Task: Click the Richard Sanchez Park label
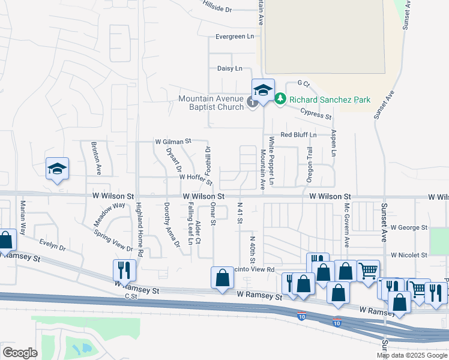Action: pos(330,100)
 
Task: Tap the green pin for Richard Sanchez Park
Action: pos(280,99)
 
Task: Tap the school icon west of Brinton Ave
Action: pos(57,169)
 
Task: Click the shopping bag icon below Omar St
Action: pos(222,277)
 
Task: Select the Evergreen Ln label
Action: pos(235,37)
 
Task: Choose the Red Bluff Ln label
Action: pos(298,135)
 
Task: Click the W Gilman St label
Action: pos(172,142)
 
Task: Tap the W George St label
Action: pos(408,228)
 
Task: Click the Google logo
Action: pos(20,352)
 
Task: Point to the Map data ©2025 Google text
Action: pos(412,355)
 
